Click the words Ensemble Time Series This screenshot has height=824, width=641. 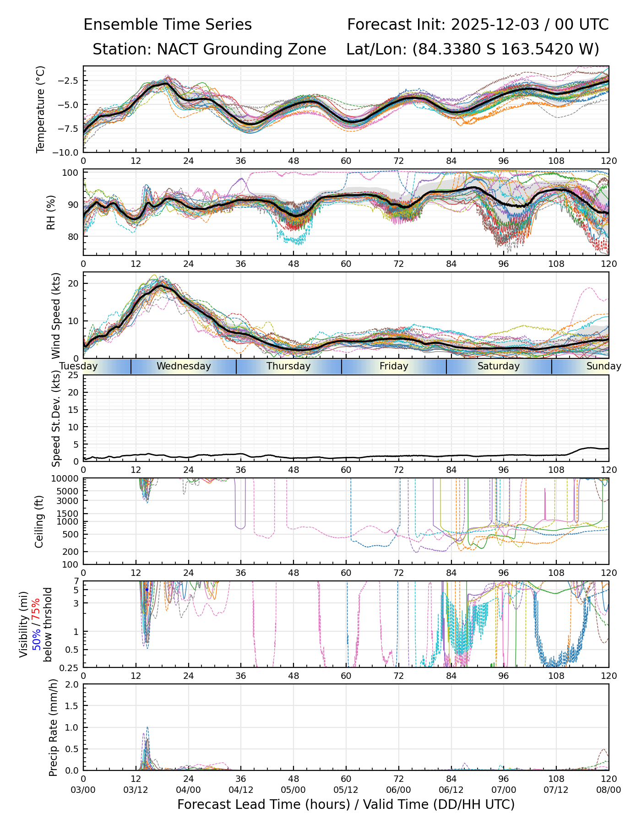click(168, 25)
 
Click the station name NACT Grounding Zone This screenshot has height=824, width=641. click(241, 49)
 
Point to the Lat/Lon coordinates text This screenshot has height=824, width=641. click(473, 49)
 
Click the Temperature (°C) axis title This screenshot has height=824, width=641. click(41, 109)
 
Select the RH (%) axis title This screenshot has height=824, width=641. click(51, 212)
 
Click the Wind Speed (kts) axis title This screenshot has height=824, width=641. click(56, 315)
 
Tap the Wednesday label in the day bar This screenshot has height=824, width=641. click(184, 366)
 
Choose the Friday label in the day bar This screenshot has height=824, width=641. click(394, 366)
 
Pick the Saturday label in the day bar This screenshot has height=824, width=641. click(499, 366)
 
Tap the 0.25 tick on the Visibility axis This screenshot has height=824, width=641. click(70, 667)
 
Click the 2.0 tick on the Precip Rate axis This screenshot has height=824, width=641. click(72, 684)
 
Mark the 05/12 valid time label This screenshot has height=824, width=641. click(346, 790)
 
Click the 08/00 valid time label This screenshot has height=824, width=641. click(608, 790)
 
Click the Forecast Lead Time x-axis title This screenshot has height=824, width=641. click(346, 805)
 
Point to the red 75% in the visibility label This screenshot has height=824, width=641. click(37, 610)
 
